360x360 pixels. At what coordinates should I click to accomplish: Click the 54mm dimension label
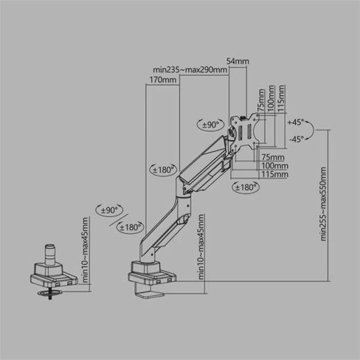[238, 61]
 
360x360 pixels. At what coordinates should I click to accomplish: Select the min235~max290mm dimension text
[190, 70]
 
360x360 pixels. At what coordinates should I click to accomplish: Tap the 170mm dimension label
[162, 80]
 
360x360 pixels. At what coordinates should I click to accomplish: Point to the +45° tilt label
[296, 122]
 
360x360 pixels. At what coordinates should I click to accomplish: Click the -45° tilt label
[296, 139]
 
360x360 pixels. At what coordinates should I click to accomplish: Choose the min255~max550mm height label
[323, 204]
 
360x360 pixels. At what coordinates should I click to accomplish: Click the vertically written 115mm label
[281, 98]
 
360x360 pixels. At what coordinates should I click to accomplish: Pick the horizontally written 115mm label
[274, 174]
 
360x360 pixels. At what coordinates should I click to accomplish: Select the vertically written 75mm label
[260, 100]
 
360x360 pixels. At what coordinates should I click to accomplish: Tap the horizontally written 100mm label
[274, 166]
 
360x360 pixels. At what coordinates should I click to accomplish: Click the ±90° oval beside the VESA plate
[211, 125]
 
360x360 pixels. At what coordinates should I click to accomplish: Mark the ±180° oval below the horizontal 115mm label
[246, 187]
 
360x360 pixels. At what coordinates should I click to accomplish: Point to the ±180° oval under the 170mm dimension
[163, 170]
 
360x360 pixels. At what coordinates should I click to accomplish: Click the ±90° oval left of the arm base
[109, 210]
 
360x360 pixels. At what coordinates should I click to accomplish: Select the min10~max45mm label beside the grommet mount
[85, 249]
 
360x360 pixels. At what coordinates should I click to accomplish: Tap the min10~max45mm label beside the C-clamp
[201, 246]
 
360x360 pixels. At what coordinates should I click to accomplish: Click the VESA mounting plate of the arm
[245, 131]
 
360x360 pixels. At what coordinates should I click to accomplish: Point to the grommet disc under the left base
[50, 293]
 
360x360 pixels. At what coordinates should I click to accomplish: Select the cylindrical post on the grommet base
[50, 255]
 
